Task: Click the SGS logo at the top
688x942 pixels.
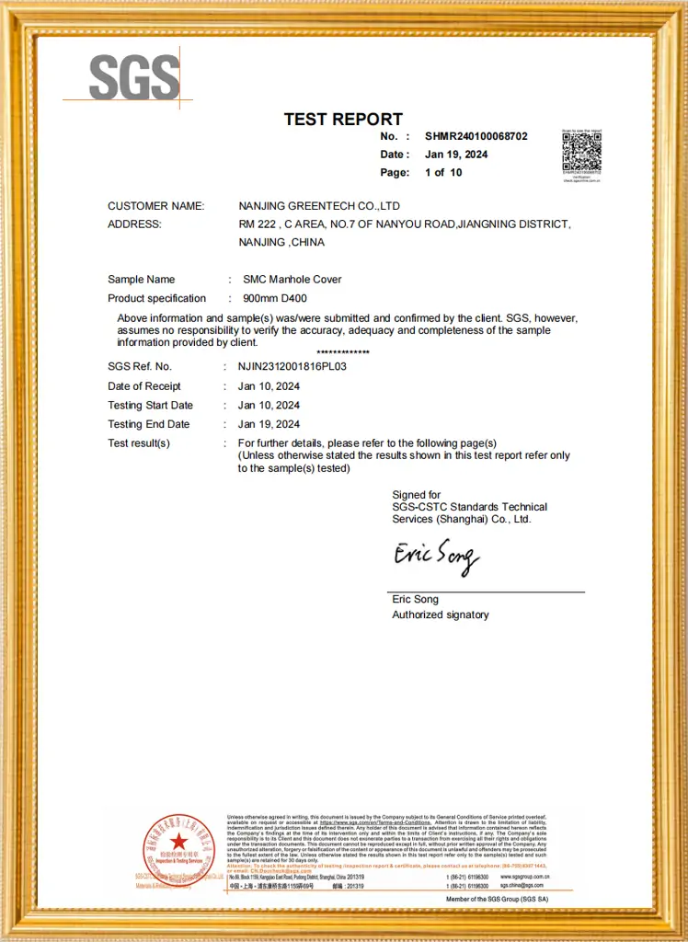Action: (x=134, y=77)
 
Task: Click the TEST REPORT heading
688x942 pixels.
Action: (x=343, y=119)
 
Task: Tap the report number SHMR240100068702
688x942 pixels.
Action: (x=476, y=136)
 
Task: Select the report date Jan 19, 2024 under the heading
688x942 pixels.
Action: (x=456, y=155)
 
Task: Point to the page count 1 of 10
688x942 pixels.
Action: (x=443, y=173)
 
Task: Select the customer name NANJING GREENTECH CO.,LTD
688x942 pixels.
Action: (x=319, y=206)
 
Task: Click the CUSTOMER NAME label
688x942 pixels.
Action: (x=155, y=206)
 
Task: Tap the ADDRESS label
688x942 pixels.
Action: (x=134, y=224)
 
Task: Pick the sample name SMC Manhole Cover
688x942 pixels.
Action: (x=292, y=280)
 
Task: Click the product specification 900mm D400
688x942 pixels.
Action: (x=275, y=298)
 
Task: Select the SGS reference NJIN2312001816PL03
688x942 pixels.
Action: (x=292, y=366)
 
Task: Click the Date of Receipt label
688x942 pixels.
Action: (x=144, y=386)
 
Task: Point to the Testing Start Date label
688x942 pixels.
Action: (x=150, y=405)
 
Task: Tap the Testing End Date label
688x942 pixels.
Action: (x=148, y=424)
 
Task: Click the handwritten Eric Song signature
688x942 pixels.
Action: (x=436, y=555)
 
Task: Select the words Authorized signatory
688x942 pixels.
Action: (x=441, y=615)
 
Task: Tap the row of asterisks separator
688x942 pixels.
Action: (x=343, y=353)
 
